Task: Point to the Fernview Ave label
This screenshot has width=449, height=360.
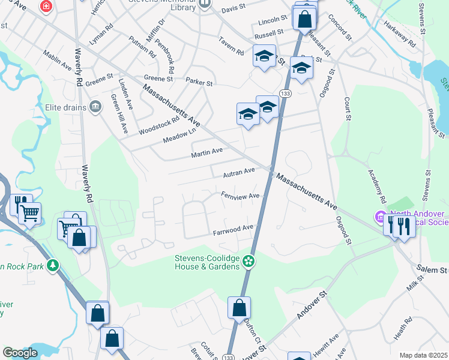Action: coord(240,196)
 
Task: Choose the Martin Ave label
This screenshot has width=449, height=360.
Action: coord(207,154)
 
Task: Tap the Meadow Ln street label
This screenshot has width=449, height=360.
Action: coord(179,136)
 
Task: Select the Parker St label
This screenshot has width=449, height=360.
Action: coord(199,81)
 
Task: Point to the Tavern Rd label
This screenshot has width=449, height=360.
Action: coord(231,49)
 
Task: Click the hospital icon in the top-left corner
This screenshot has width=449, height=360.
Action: coord(45,7)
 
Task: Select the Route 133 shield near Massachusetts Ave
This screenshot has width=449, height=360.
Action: coord(286,94)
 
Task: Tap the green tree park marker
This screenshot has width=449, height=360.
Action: coord(53,265)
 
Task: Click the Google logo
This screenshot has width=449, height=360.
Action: coord(20,353)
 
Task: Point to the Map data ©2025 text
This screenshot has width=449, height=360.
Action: coord(423,355)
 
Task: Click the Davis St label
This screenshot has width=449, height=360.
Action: coord(234,10)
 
